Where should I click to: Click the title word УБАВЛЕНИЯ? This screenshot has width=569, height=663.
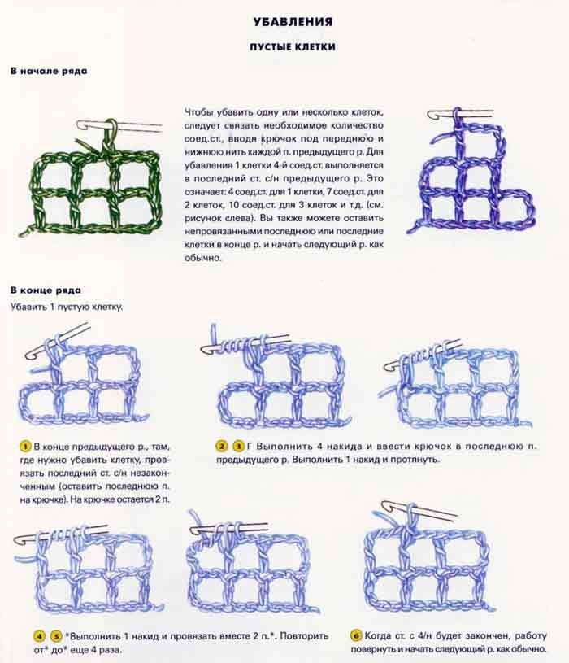[293, 22]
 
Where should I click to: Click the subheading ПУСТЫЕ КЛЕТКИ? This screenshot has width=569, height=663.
[293, 46]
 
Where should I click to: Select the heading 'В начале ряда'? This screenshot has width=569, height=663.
[49, 71]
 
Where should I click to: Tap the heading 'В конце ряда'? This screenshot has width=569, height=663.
[46, 290]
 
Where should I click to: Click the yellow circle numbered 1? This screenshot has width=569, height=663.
[25, 447]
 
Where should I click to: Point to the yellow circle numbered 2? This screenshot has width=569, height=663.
[222, 446]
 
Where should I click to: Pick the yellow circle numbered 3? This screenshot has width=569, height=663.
[239, 446]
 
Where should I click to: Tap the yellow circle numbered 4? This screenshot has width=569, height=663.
[40, 636]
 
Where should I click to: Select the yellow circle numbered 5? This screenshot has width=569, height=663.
[56, 636]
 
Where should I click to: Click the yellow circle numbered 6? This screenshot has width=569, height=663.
[357, 635]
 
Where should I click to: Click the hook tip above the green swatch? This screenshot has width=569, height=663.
[80, 125]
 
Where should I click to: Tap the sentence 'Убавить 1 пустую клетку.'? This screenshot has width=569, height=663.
[67, 307]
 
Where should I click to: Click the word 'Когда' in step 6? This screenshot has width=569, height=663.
[377, 635]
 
